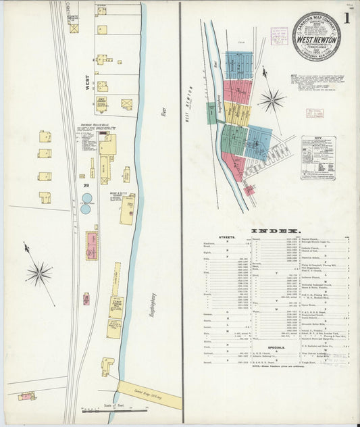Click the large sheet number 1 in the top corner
[346, 18]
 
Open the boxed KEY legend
[318, 157]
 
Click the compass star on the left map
[38, 274]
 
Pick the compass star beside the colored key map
[272, 101]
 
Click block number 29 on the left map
[86, 185]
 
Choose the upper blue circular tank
[86, 199]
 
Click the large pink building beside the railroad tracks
[91, 245]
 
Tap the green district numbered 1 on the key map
[211, 113]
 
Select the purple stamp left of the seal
[278, 35]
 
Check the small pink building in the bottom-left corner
[26, 396]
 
